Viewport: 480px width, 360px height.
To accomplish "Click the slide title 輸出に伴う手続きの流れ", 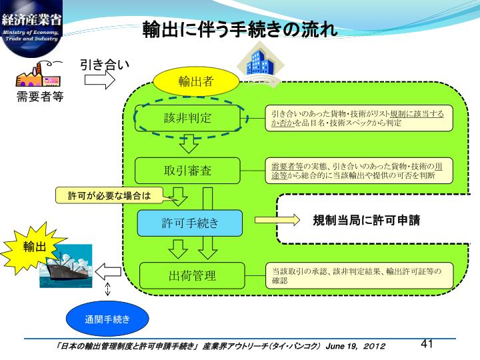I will pyautogui.click(x=240, y=31).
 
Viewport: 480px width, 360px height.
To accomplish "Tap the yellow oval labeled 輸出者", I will pyautogui.click(x=195, y=81).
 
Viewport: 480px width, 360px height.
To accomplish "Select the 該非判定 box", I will pyautogui.click(x=187, y=118).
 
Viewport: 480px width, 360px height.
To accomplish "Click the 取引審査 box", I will pyautogui.click(x=187, y=170).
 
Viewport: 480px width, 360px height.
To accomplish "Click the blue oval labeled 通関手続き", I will pyautogui.click(x=107, y=319).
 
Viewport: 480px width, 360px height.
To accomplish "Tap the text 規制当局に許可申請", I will pyautogui.click(x=366, y=220).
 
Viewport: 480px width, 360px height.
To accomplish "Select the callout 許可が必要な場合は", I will pyautogui.click(x=109, y=195).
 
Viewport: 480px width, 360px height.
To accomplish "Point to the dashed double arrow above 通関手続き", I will pyautogui.click(x=108, y=289).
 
